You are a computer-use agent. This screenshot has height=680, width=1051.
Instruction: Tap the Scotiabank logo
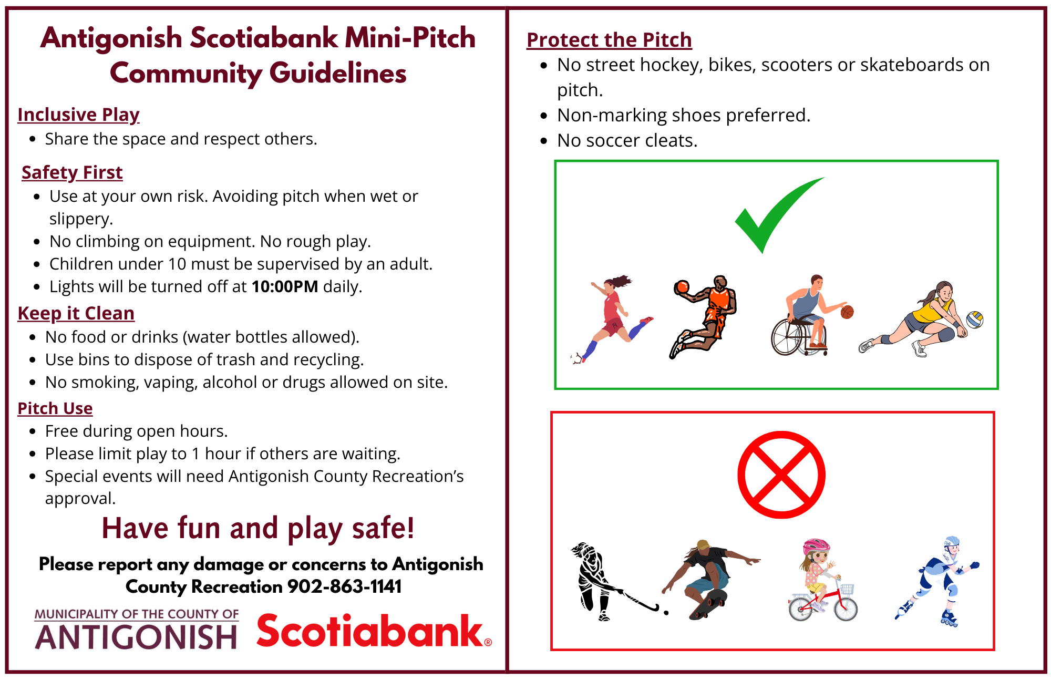(374, 631)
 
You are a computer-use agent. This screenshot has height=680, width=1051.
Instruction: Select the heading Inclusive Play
(78, 115)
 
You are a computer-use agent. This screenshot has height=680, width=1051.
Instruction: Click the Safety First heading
(72, 172)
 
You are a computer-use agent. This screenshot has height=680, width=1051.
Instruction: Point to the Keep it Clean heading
(76, 313)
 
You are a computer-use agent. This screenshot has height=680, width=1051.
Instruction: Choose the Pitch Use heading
(55, 408)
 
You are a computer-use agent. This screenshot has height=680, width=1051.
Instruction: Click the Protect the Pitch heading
(609, 40)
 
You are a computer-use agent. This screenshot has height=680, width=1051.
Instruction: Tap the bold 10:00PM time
(285, 286)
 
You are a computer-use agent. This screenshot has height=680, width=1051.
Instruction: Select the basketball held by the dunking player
(682, 287)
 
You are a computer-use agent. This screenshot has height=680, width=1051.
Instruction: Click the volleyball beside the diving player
(975, 320)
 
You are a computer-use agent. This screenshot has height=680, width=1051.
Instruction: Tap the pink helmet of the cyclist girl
(816, 546)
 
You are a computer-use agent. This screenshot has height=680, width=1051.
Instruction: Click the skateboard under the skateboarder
(709, 604)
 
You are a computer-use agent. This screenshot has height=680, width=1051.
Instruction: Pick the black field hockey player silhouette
(599, 581)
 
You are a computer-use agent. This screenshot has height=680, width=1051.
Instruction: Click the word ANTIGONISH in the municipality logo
(136, 637)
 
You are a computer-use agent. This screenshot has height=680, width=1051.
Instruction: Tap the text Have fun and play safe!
(258, 528)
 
